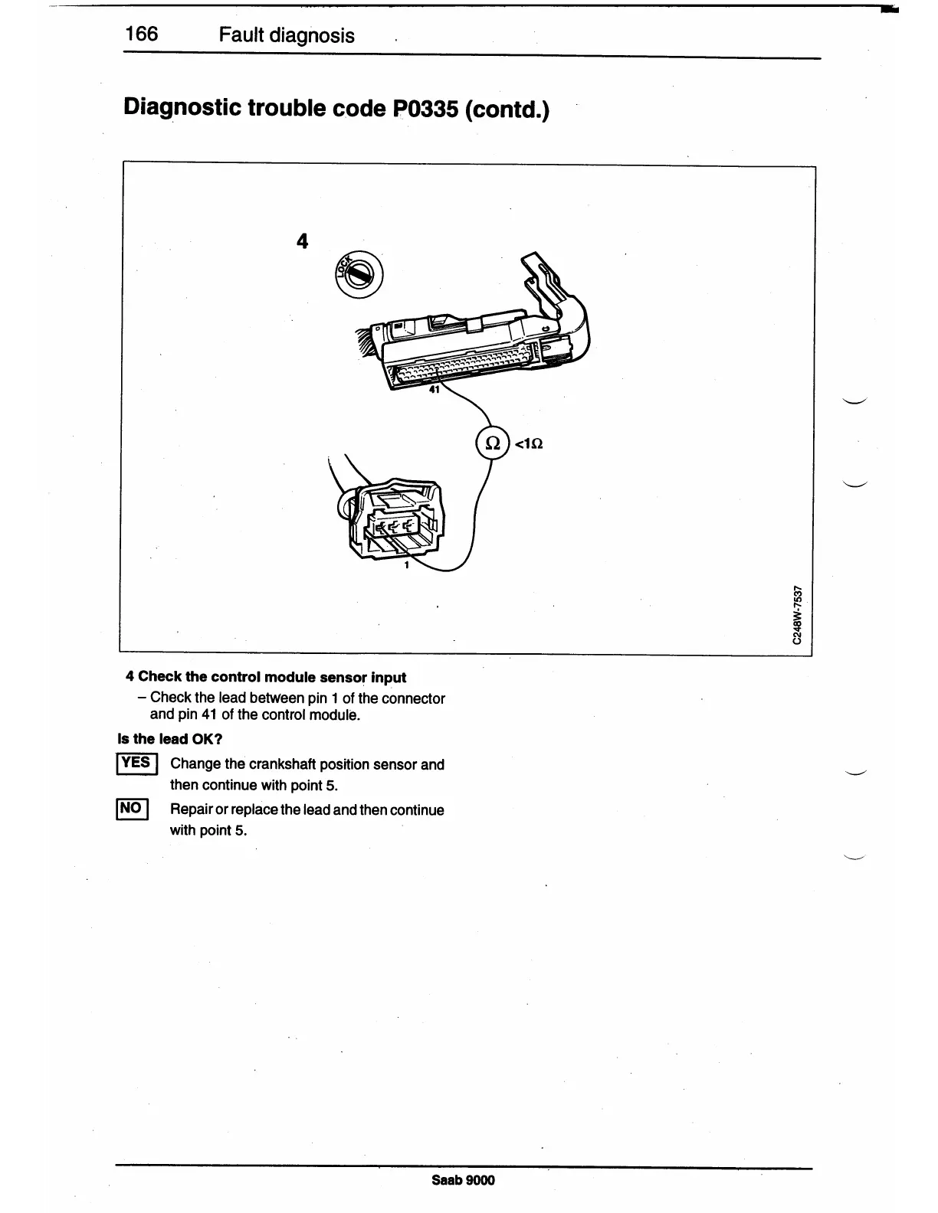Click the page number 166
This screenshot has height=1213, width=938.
click(x=142, y=34)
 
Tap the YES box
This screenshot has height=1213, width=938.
click(x=136, y=763)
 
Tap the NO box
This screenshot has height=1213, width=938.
click(x=131, y=809)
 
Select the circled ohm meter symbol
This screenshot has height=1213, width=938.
click(x=493, y=443)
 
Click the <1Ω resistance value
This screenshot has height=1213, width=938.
click(x=530, y=443)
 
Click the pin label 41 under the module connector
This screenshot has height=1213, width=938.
click(x=435, y=390)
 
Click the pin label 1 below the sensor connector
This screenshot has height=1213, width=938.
click(x=406, y=565)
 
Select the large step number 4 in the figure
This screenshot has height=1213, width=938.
click(x=302, y=241)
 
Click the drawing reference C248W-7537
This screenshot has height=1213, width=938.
click(x=798, y=615)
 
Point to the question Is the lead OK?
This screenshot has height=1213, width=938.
click(x=169, y=739)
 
